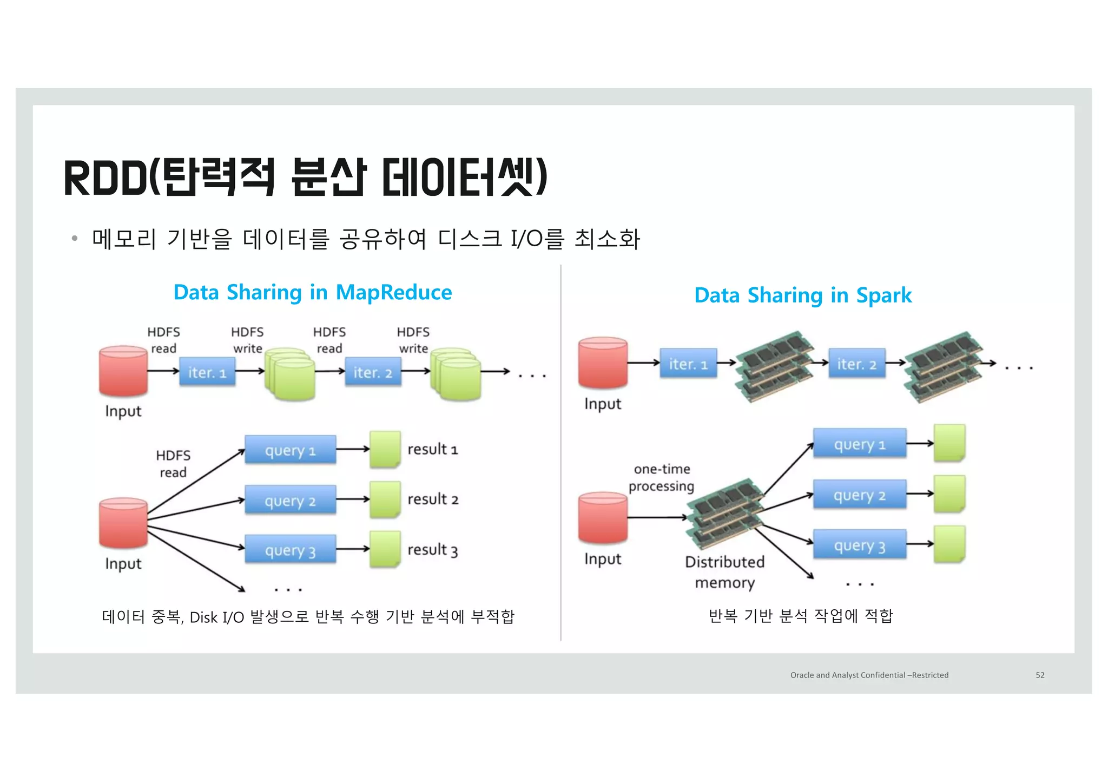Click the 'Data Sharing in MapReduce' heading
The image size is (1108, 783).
312,292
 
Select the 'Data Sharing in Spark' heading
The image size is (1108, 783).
802,295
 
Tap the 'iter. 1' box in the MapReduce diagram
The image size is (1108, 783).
207,372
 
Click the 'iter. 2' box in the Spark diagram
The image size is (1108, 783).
856,364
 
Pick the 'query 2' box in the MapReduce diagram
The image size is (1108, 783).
290,501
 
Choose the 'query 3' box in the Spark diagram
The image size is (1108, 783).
859,545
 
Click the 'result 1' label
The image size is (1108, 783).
432,450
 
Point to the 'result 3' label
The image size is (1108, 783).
432,550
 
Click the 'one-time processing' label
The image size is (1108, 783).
661,477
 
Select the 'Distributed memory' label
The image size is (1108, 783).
724,572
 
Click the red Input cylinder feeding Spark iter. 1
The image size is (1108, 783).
603,363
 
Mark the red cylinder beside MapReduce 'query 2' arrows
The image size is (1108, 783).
123,522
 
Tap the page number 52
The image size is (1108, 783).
1040,675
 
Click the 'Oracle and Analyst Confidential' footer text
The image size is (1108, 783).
869,675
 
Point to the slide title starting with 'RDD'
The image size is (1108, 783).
306,177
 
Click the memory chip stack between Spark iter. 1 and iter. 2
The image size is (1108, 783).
774,366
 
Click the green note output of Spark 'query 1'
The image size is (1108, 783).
949,443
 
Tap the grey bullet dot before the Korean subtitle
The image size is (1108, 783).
75,238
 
